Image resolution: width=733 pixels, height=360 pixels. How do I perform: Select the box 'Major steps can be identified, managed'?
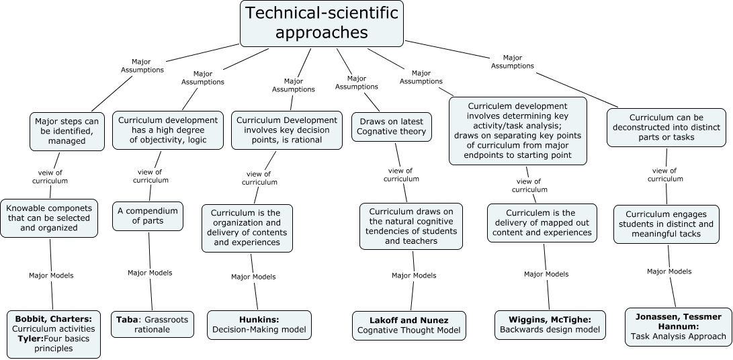pyautogui.click(x=67, y=131)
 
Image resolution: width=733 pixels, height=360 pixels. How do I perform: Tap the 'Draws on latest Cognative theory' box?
pyautogui.click(x=391, y=126)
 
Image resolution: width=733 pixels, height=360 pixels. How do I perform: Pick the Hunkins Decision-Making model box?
pyautogui.click(x=259, y=324)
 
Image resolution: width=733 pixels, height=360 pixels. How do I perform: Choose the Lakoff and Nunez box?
pyautogui.click(x=409, y=324)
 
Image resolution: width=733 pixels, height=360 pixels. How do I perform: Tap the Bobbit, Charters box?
pyautogui.click(x=54, y=332)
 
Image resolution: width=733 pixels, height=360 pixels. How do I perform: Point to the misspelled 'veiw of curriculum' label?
pyautogui.click(x=50, y=176)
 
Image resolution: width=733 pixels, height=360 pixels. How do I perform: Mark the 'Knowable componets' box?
pyautogui.click(x=49, y=218)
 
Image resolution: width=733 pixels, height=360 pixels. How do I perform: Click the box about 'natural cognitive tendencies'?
pyautogui.click(x=411, y=226)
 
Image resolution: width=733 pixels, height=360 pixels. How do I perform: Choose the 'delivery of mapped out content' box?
pyautogui.click(x=542, y=222)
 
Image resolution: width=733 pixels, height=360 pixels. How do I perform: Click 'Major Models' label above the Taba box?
pyautogui.click(x=150, y=273)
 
